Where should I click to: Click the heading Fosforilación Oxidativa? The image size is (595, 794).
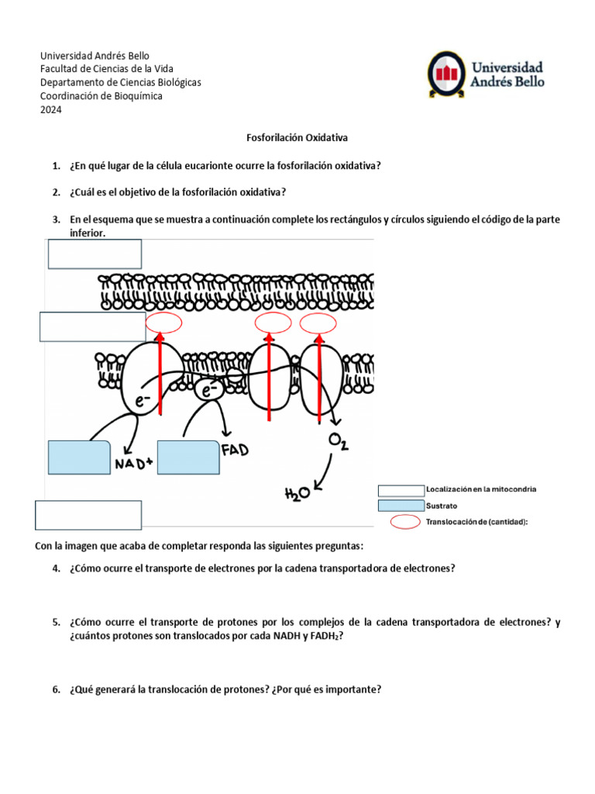pos(297,137)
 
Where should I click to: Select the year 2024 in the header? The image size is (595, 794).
pos(50,109)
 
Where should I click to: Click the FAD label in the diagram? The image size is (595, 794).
pos(235,450)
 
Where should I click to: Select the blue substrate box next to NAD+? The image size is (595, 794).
pos(80,457)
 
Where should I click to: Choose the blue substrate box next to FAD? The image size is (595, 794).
pos(188,457)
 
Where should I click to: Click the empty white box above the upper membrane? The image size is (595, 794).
pos(95,254)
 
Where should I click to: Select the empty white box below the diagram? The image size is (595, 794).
pos(88,515)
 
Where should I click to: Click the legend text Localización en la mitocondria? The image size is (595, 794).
pos(480,489)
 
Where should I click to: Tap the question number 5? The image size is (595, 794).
pos(57,622)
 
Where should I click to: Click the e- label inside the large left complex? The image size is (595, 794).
pos(142,401)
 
